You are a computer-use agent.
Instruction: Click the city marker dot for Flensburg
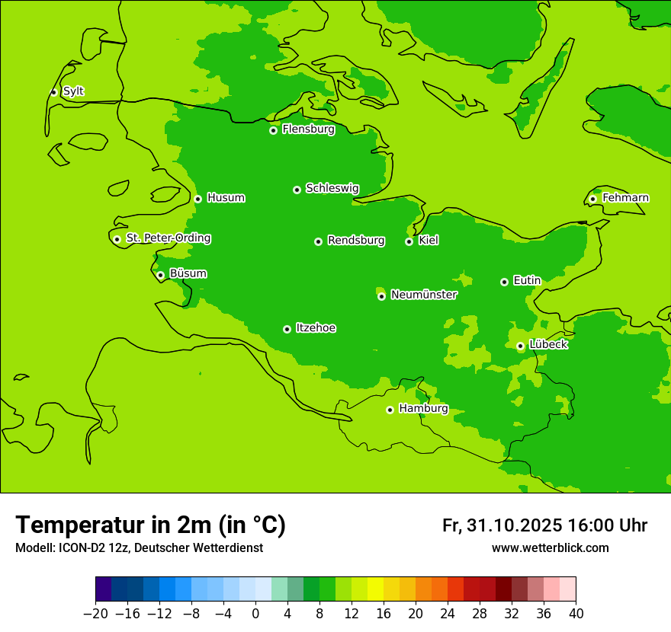tap(273, 130)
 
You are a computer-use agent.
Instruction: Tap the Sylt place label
tap(73, 91)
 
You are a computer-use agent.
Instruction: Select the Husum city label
tap(226, 198)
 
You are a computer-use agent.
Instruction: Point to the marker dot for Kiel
tap(409, 241)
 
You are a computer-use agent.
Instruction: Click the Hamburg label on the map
tap(423, 408)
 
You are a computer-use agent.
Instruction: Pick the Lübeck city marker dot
tap(520, 346)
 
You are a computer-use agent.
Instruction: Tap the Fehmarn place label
tap(625, 198)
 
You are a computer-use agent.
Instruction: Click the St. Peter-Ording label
tap(169, 238)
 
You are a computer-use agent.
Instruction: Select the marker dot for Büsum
tap(160, 275)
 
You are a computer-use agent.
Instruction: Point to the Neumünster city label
tap(424, 295)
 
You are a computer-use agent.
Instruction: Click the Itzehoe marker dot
tap(287, 329)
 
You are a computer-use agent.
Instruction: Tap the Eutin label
tap(527, 281)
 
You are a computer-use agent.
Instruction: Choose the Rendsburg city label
tap(356, 241)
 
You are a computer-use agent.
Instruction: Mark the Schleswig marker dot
tap(297, 190)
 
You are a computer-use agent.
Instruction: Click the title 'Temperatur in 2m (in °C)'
tap(150, 525)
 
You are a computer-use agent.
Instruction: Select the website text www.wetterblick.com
tap(550, 547)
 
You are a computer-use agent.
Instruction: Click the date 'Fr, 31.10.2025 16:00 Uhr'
tap(544, 525)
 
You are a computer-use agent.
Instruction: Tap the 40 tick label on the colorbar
tap(576, 614)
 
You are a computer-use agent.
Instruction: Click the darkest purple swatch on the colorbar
tap(103, 589)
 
